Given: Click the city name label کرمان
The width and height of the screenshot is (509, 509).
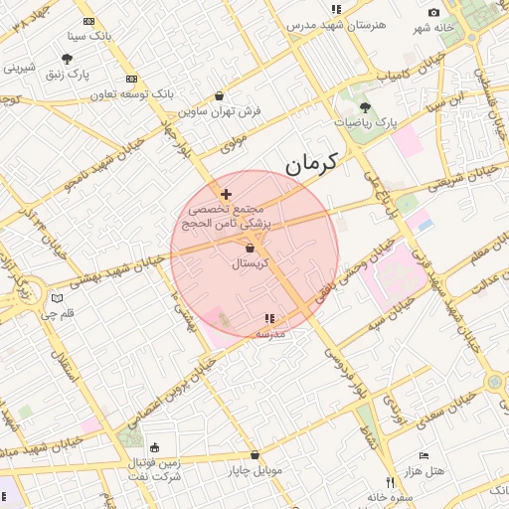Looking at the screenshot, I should (310, 162).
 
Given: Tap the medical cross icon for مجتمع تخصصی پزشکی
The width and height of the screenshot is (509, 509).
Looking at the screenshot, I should (227, 194).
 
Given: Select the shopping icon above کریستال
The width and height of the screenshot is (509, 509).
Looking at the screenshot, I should (250, 248).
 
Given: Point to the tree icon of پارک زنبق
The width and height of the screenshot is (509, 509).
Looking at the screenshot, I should (67, 59).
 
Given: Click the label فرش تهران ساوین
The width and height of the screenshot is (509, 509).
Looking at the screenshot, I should (227, 111).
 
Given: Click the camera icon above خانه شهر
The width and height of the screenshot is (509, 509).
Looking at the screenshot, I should (433, 12).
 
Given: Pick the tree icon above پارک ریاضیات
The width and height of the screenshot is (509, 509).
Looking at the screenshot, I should (365, 105).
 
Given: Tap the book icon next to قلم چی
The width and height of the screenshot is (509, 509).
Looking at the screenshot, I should (58, 297).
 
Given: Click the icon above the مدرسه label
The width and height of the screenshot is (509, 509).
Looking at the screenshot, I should (269, 318).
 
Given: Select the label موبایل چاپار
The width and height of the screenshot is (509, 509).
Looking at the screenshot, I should (256, 469).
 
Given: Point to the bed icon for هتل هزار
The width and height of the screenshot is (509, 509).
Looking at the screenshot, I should (424, 454).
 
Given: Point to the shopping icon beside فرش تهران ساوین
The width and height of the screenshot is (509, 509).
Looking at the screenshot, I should (219, 96).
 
